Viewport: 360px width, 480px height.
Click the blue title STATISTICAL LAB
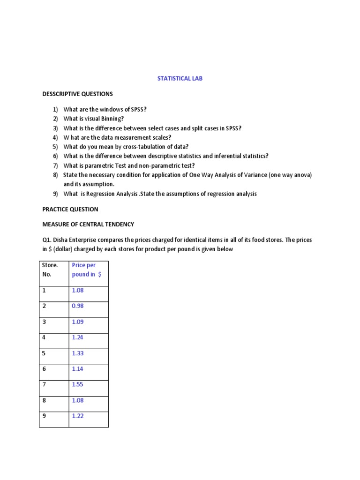pyautogui.click(x=180, y=79)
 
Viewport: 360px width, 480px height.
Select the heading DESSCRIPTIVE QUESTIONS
pyautogui.click(x=77, y=94)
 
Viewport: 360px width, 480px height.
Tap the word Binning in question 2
pyautogui.click(x=112, y=119)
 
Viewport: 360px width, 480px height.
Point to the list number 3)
pyautogui.click(x=55, y=128)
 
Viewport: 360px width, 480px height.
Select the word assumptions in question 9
pyautogui.click(x=188, y=194)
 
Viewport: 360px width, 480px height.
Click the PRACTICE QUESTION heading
pyautogui.click(x=70, y=209)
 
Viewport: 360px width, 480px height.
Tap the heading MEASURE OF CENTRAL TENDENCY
pyautogui.click(x=88, y=225)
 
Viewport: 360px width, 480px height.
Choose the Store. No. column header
pyautogui.click(x=50, y=270)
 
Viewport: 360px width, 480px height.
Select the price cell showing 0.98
pyautogui.click(x=78, y=306)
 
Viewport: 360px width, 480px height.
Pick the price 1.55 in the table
pyautogui.click(x=78, y=384)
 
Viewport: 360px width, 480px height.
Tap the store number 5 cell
pyautogui.click(x=44, y=353)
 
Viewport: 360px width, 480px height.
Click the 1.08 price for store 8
pyautogui.click(x=78, y=400)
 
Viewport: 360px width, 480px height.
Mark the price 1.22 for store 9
pyautogui.click(x=78, y=416)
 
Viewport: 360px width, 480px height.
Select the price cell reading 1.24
pyautogui.click(x=78, y=337)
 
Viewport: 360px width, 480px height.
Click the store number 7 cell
pyautogui.click(x=44, y=384)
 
